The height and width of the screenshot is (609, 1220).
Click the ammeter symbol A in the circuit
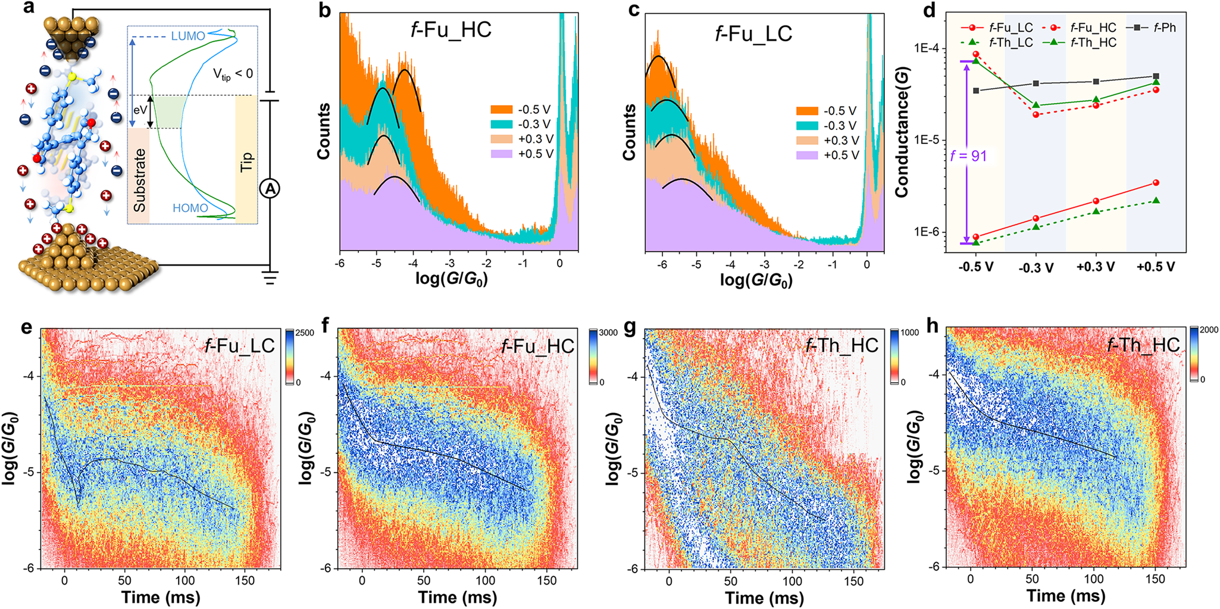point(270,189)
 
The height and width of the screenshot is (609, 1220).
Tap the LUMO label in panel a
point(188,36)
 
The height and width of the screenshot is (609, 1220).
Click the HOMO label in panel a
point(190,208)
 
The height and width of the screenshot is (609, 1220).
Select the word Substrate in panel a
point(139,180)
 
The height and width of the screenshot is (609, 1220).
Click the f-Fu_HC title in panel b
point(451,30)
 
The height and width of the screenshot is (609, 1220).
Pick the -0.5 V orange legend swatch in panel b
point(501,110)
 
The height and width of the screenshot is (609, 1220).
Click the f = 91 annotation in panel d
point(968,156)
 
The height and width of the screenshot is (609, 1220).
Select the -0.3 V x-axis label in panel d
point(1036,268)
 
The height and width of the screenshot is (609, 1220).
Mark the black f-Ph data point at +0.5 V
point(1156,76)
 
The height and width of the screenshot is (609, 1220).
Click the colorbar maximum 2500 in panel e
point(305,333)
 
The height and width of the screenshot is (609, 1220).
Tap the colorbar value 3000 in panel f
point(608,333)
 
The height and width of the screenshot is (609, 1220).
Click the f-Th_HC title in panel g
point(842,345)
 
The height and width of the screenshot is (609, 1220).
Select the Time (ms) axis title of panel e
point(161,598)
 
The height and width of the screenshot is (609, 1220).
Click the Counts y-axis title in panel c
point(629,132)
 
